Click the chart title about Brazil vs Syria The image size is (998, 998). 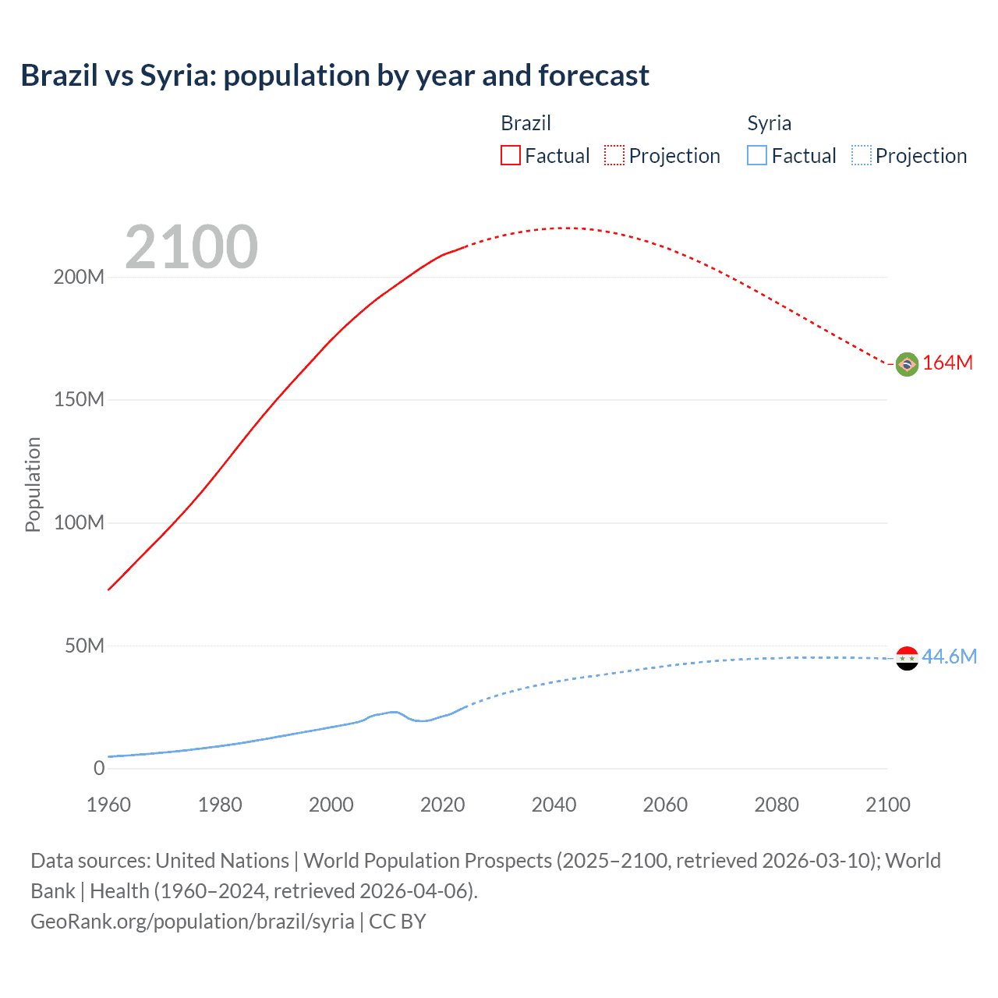click(334, 76)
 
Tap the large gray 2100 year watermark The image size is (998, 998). click(191, 247)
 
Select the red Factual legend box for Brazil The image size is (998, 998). click(510, 155)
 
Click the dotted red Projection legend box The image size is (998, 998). click(614, 155)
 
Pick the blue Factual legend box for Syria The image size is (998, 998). click(756, 155)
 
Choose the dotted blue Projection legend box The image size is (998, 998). click(861, 155)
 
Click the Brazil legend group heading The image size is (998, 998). click(526, 123)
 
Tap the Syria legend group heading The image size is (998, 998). click(769, 123)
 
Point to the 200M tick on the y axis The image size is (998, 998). click(79, 278)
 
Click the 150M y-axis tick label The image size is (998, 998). click(79, 400)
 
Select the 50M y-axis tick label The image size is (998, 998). click(84, 646)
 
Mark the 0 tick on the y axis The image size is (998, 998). click(99, 768)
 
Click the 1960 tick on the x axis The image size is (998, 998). click(108, 805)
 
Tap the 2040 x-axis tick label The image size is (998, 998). click(554, 805)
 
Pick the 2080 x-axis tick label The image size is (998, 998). click(777, 805)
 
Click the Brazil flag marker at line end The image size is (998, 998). click(907, 364)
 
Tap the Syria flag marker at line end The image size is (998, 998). click(907, 658)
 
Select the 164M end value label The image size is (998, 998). click(947, 363)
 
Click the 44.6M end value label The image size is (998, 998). click(949, 656)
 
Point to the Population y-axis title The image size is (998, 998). click(33, 484)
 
